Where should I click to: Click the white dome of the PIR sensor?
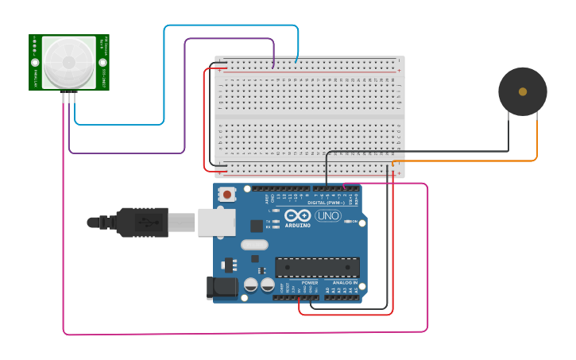68,62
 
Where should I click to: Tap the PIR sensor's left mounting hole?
35,62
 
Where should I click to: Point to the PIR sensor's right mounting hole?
102,62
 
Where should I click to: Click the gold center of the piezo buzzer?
523,91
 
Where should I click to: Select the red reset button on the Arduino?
228,194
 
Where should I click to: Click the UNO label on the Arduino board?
327,215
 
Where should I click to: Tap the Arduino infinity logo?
298,215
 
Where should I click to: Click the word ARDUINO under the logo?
298,225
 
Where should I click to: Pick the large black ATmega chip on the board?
317,267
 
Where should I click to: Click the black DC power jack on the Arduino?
222,287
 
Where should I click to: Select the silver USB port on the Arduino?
216,223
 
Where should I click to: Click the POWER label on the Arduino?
310,282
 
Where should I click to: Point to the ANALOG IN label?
345,282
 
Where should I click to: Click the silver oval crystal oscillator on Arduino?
254,245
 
